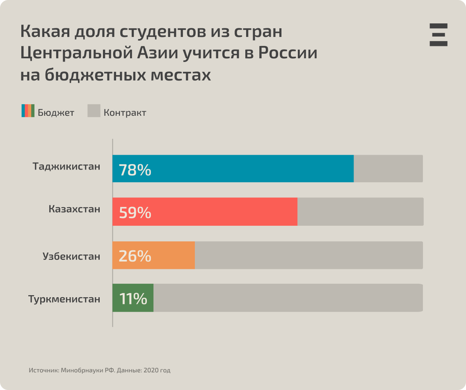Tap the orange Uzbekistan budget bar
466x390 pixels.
point(172,255)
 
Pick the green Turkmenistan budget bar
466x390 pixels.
point(150,298)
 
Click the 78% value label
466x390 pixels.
point(135,170)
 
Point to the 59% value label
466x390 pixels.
point(135,213)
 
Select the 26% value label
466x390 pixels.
point(135,256)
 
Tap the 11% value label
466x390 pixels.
point(133,298)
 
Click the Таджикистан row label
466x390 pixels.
point(66,167)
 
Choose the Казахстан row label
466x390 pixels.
point(74,209)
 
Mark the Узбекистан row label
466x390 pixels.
point(71,257)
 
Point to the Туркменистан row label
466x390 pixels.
point(64,299)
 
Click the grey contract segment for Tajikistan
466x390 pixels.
point(388,168)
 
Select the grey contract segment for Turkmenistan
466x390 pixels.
point(287,298)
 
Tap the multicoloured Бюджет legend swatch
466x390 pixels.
point(28,111)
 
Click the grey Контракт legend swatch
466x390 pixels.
point(94,111)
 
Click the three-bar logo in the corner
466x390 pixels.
point(439,34)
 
